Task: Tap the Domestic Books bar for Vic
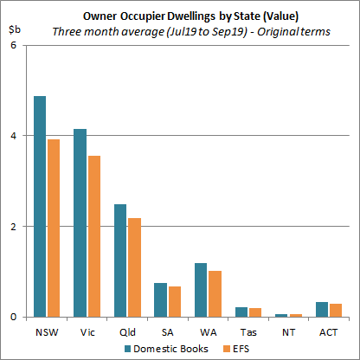click(80, 222)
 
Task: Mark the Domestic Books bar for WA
click(201, 290)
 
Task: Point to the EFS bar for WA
click(215, 294)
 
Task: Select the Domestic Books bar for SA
click(160, 299)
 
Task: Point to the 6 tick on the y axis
click(12, 45)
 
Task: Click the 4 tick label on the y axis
click(12, 136)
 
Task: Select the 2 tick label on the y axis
click(12, 227)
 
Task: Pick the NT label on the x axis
click(287, 331)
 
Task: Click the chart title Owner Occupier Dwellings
click(180, 15)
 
